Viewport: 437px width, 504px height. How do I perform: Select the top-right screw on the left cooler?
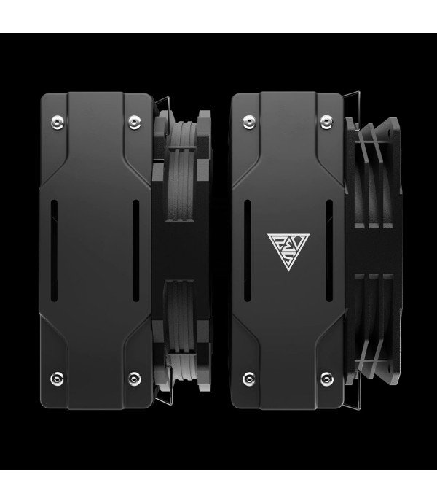[x=134, y=120]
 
